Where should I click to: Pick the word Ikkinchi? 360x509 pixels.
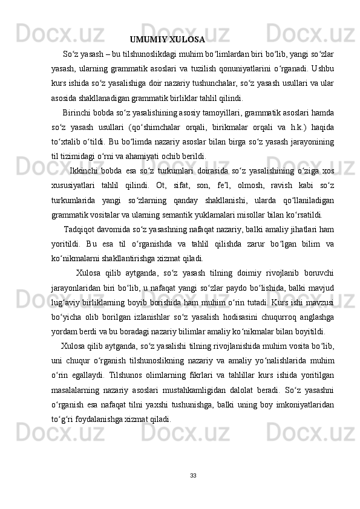[85, 171]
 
